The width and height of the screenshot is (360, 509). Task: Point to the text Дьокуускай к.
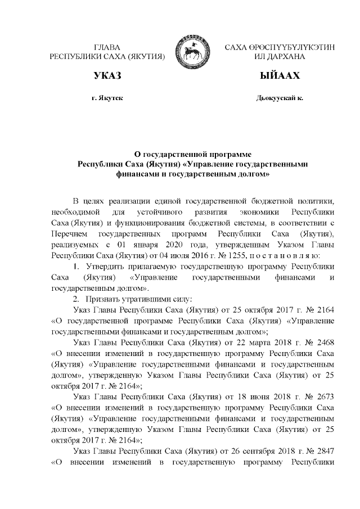point(279,98)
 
